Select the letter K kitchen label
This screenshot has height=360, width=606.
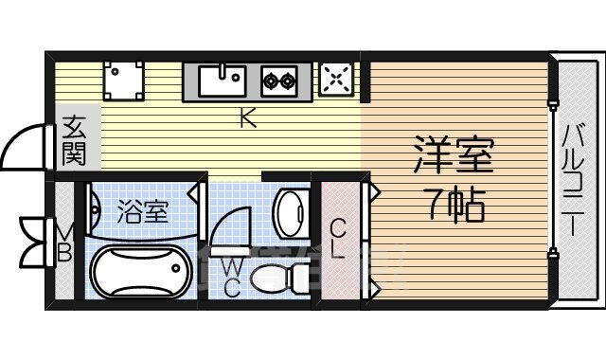point(247,118)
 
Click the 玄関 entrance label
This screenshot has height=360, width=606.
point(75,138)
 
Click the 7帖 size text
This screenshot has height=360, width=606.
point(454,203)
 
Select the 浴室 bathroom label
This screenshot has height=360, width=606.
point(142,211)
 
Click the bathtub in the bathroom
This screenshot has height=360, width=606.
point(139,271)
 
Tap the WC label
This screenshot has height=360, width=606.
point(231,278)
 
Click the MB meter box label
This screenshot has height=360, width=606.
point(64,242)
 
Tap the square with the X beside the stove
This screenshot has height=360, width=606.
point(336,79)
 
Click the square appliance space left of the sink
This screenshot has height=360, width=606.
point(124,81)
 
